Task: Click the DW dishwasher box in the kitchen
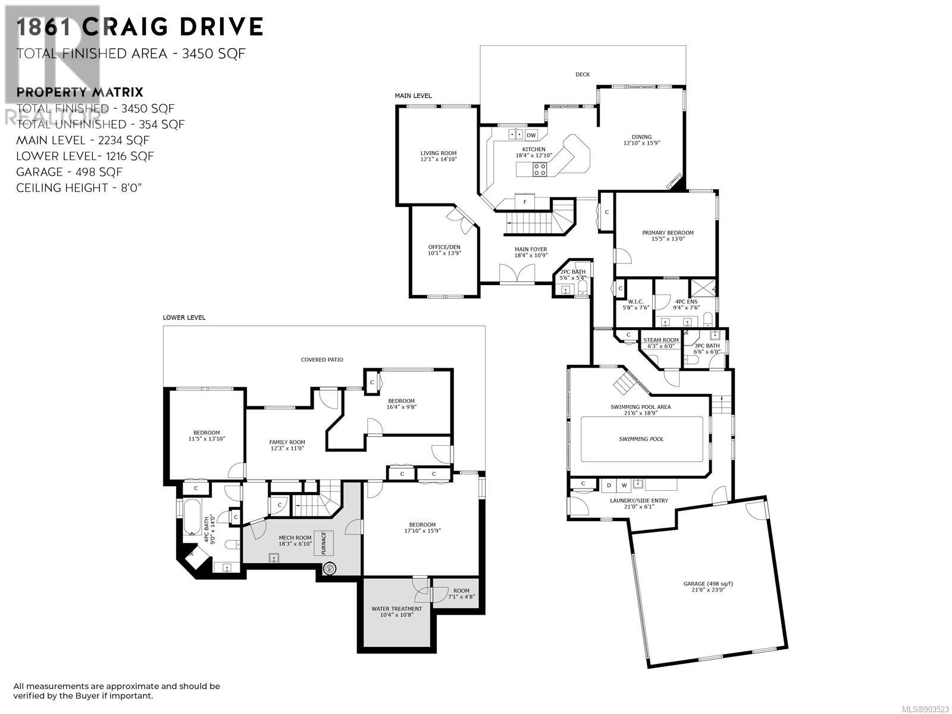(531, 135)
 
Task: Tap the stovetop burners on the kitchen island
(540, 169)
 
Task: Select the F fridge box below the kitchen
(525, 202)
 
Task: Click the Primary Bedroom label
(668, 236)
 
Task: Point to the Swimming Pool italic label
(641, 439)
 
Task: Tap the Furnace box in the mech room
(324, 543)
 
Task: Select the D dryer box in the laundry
(609, 485)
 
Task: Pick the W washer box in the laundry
(624, 485)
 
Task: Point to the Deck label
(583, 74)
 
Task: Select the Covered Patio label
(322, 360)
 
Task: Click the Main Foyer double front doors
(517, 273)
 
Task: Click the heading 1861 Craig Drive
(140, 27)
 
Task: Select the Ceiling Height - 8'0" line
(79, 187)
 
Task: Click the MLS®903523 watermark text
(926, 709)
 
